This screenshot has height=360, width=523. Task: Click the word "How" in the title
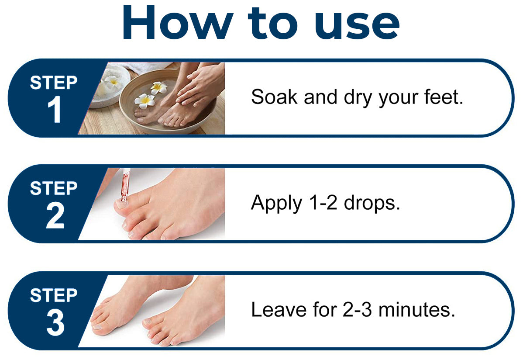point(178,22)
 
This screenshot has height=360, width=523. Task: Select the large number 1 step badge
point(54,109)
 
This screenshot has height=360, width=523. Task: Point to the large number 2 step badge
point(55,216)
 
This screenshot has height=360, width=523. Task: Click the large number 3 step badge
point(55,322)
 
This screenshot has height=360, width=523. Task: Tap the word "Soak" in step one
point(274,97)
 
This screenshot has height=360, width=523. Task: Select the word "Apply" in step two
point(276,204)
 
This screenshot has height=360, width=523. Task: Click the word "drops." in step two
point(372,202)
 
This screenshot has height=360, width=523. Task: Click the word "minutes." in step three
point(417,309)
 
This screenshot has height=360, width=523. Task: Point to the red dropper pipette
point(125,186)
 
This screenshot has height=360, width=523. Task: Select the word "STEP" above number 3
point(54,295)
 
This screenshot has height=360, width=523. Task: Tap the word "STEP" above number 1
point(54,83)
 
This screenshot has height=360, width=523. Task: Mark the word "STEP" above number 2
point(54,188)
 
